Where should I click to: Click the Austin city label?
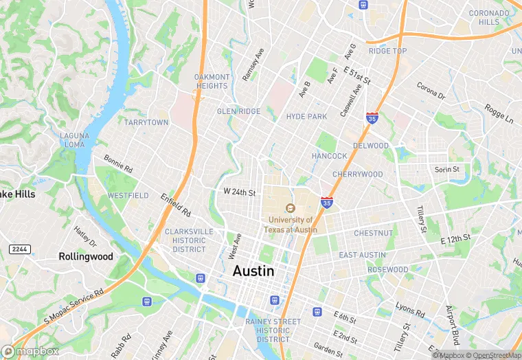pos(253,271)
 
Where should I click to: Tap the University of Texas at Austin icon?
pos(290,208)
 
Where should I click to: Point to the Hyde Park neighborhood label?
pos(306,117)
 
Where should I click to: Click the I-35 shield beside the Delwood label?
pos(372,117)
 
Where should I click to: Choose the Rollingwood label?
pos(85,256)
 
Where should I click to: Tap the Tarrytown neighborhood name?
pos(146,122)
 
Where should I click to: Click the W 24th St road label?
pos(239,193)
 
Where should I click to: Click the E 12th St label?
pos(455,238)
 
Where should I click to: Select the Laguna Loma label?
pos(73,140)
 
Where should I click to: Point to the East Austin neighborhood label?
pos(362,255)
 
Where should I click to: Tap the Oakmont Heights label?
pos(212,81)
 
